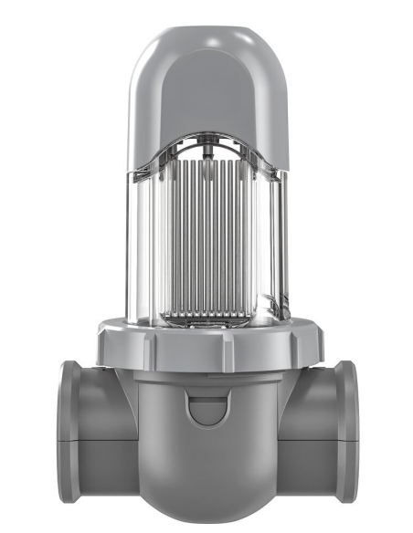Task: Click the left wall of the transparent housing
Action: (x=139, y=246)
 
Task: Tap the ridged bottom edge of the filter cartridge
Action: (x=208, y=315)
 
